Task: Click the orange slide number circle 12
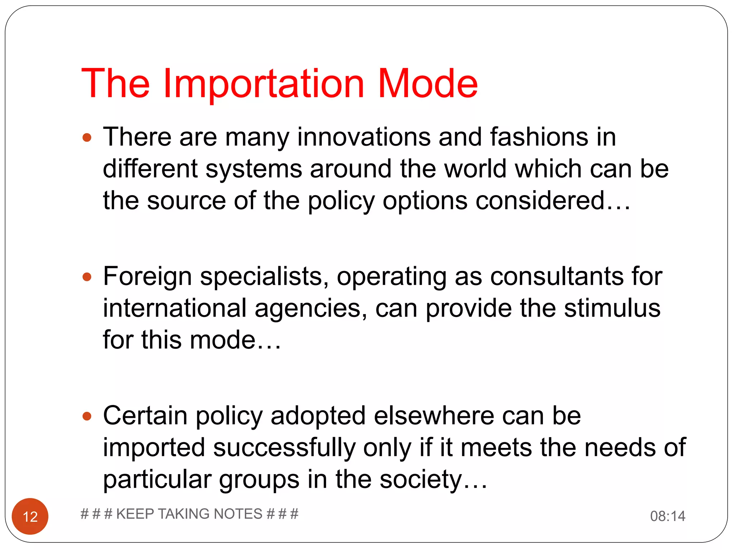click(x=30, y=516)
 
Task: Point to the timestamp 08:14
click(x=668, y=516)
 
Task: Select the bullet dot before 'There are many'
click(x=87, y=137)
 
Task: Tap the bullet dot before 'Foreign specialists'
click(x=87, y=277)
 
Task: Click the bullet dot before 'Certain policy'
click(x=87, y=416)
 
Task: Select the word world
click(x=475, y=169)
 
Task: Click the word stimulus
click(x=612, y=308)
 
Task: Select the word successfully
click(x=284, y=448)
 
